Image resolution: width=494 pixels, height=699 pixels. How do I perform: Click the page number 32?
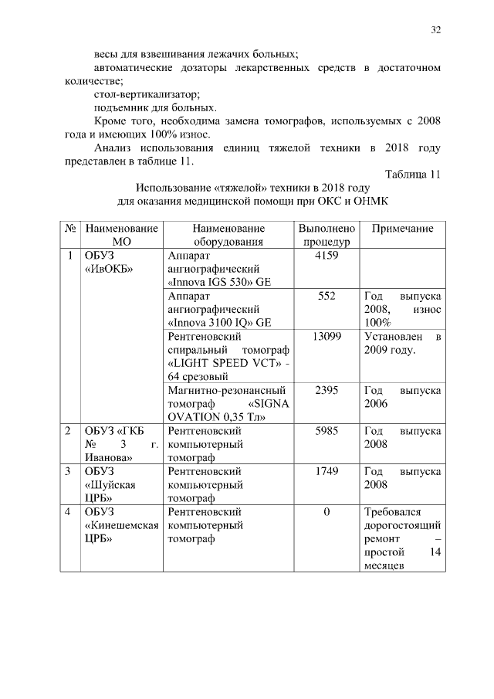435,30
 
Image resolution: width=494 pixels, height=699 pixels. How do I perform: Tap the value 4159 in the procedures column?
327,255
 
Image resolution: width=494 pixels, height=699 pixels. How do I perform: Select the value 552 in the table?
327,296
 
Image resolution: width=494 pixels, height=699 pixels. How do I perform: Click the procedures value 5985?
327,430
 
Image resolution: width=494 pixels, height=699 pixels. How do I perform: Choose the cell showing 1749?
327,470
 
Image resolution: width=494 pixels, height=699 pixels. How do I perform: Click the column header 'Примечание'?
402,229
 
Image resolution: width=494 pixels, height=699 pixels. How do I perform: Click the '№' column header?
69,229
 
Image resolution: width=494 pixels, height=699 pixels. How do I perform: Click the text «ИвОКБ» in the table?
108,269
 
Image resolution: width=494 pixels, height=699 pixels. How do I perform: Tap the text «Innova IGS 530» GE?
218,282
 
